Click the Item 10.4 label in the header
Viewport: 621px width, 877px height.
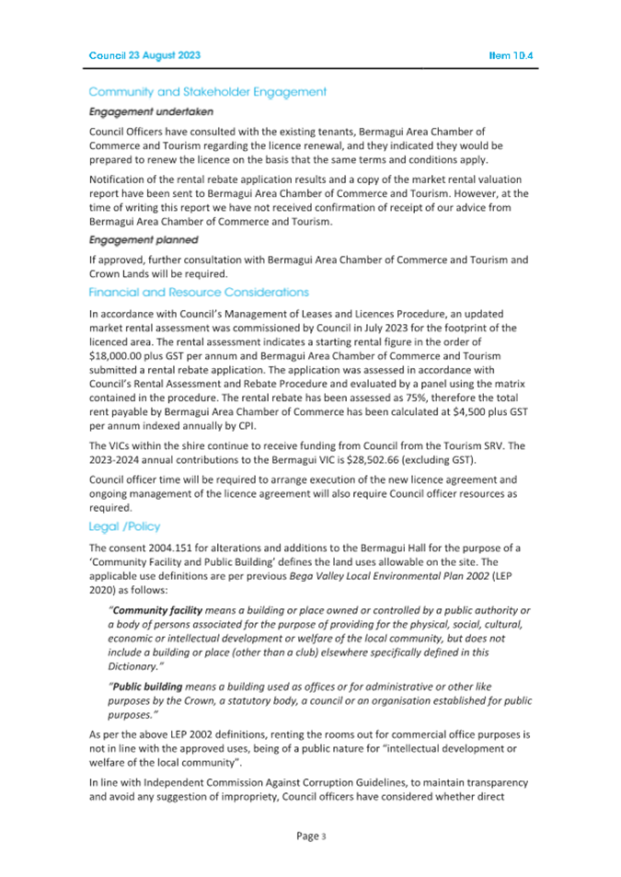(512, 56)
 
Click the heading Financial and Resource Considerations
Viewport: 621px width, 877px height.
(198, 292)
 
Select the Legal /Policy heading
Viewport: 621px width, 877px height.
(124, 526)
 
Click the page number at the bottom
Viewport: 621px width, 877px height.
(310, 836)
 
